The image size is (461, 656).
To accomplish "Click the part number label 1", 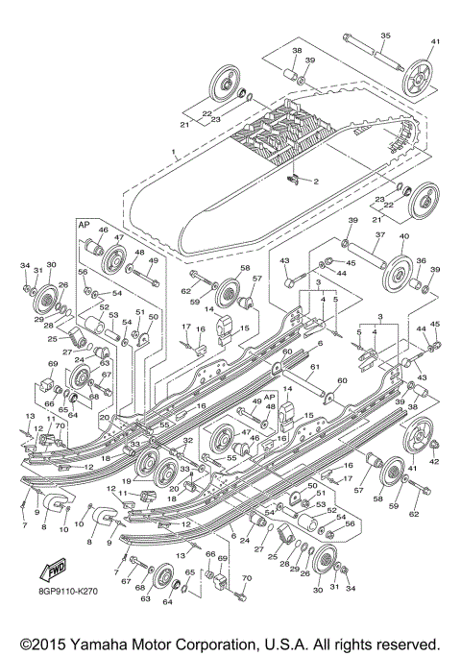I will pyautogui.click(x=173, y=153).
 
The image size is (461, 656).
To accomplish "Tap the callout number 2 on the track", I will pyautogui.click(x=316, y=181).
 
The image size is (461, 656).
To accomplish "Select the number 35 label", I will pyautogui.click(x=385, y=36).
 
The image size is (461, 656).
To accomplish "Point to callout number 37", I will pyautogui.click(x=380, y=234).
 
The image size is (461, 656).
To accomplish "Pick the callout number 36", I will pyautogui.click(x=420, y=260).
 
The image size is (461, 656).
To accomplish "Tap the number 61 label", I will pyautogui.click(x=313, y=367).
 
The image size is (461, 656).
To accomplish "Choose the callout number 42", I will pyautogui.click(x=433, y=462).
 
